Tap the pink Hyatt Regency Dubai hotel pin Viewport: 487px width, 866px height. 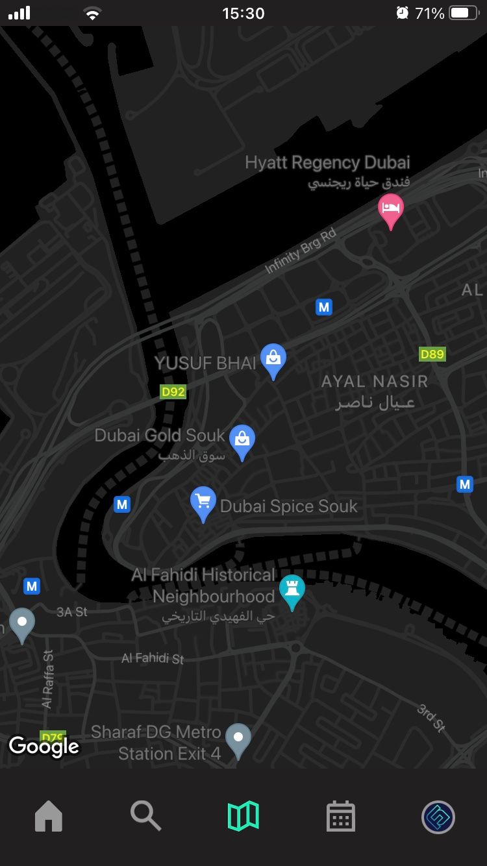[390, 209]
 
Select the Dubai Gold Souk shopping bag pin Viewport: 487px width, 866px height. [242, 441]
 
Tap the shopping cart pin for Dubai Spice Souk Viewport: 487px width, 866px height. [203, 502]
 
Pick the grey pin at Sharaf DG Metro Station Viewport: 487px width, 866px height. [238, 739]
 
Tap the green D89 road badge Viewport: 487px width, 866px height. [432, 354]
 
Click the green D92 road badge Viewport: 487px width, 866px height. [173, 391]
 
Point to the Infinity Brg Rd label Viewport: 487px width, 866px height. [301, 251]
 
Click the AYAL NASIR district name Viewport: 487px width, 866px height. [375, 382]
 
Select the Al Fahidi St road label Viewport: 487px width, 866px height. [153, 658]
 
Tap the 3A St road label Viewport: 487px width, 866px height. [72, 612]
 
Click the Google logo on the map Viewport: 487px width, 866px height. [44, 747]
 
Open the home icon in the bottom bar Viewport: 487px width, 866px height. [49, 816]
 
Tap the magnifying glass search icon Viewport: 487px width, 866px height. [145, 816]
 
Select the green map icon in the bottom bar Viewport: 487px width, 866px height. [243, 816]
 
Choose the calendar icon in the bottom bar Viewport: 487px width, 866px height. [340, 816]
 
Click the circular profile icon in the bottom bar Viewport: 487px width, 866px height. [438, 816]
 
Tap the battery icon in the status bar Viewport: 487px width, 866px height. [464, 13]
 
